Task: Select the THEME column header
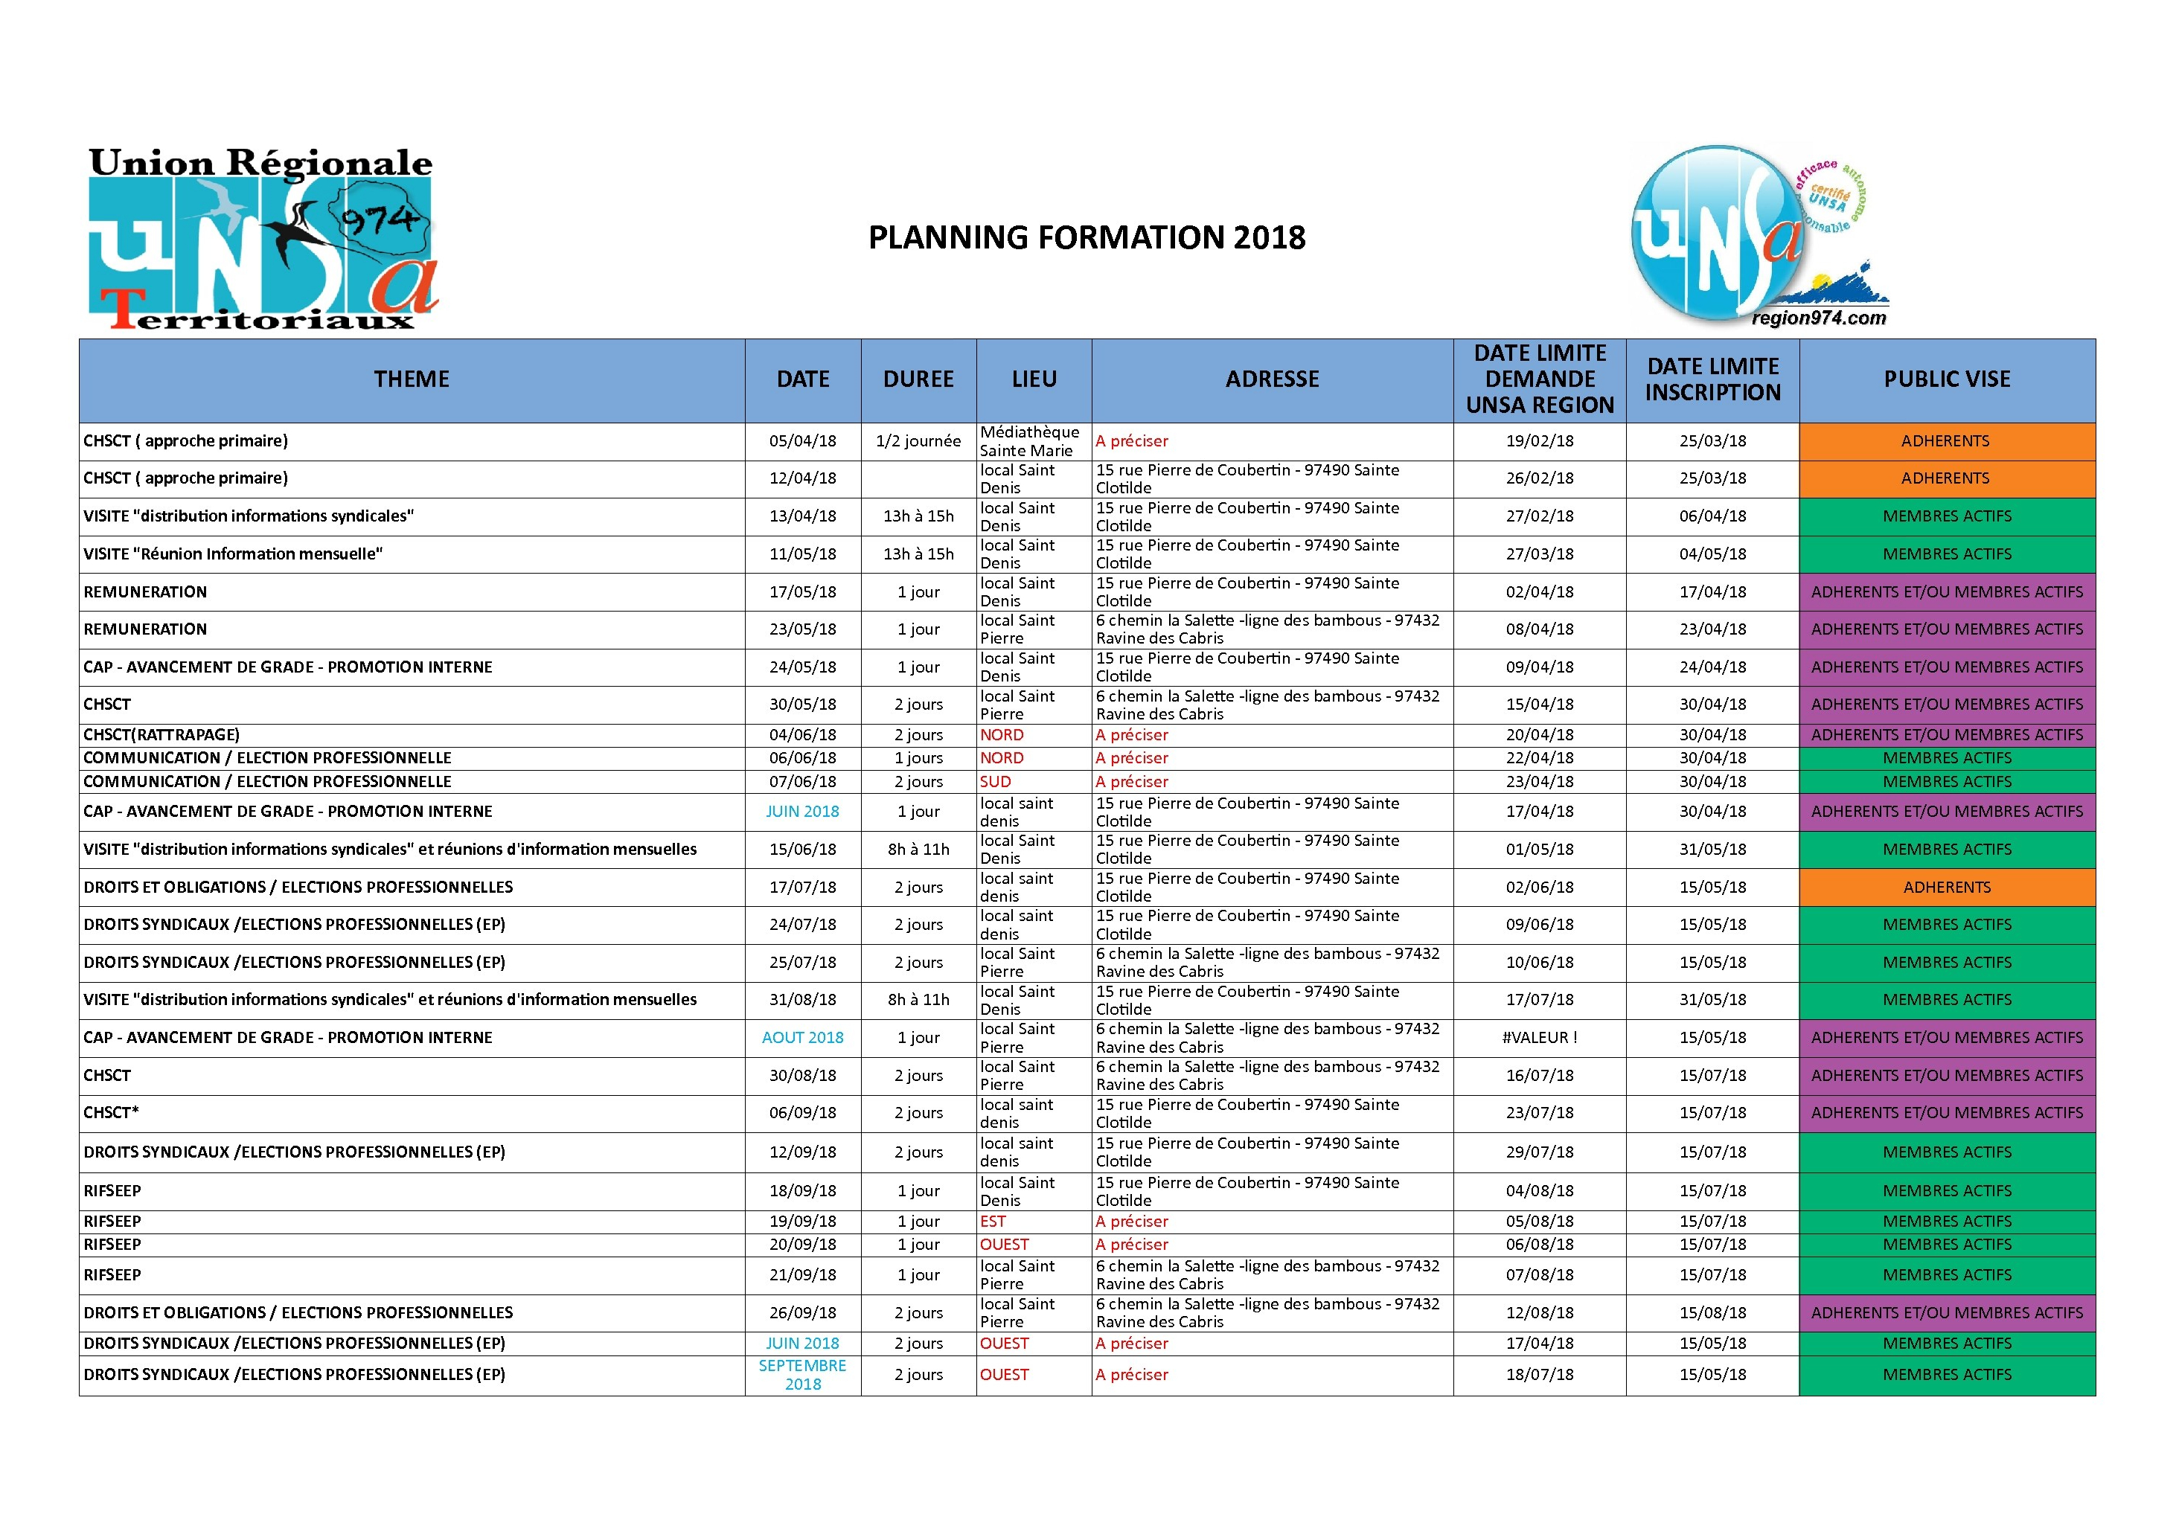(412, 379)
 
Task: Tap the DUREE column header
(918, 379)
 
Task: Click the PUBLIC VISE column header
(1947, 379)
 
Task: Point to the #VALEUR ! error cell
(1539, 1038)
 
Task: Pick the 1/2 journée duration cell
(918, 440)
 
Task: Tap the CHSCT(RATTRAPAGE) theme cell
(162, 734)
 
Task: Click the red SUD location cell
(995, 782)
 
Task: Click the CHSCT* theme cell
(111, 1112)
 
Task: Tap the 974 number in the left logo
(379, 221)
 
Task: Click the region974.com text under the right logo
(1819, 318)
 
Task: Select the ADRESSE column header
(1272, 379)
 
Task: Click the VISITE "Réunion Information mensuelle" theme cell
(233, 554)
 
